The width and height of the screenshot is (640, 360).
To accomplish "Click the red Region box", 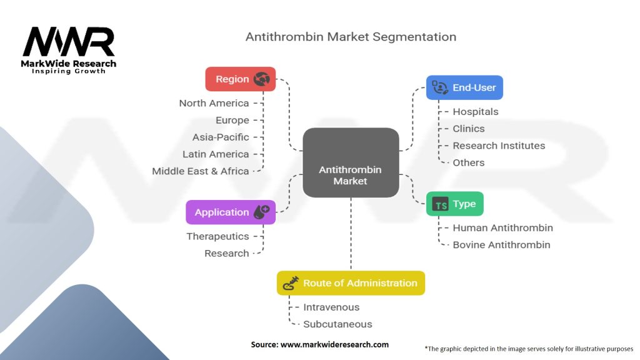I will tap(240, 79).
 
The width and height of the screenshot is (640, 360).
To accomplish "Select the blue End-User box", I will tap(464, 87).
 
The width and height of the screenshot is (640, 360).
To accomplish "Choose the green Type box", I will tap(454, 204).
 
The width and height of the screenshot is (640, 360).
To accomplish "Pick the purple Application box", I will tap(231, 212).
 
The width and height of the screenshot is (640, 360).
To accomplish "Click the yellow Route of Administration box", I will tap(351, 283).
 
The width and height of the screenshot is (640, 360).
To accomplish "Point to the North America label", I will tap(214, 103).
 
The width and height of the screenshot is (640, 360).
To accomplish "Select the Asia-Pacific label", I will tap(221, 137).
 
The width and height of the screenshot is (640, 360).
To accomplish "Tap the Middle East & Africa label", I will tap(201, 171).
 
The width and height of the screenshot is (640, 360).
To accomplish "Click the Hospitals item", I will tap(476, 111).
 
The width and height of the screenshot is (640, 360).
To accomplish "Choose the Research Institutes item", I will tap(499, 146).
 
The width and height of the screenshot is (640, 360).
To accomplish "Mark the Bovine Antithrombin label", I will tap(501, 244).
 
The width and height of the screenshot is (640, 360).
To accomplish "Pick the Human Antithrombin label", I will tap(502, 227).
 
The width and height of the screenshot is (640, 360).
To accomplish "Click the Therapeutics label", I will tap(217, 236).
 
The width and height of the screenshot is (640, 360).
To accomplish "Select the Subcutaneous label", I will tap(337, 324).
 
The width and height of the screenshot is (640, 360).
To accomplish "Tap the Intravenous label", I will tap(331, 307).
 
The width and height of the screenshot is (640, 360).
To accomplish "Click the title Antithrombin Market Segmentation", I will tap(351, 36).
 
